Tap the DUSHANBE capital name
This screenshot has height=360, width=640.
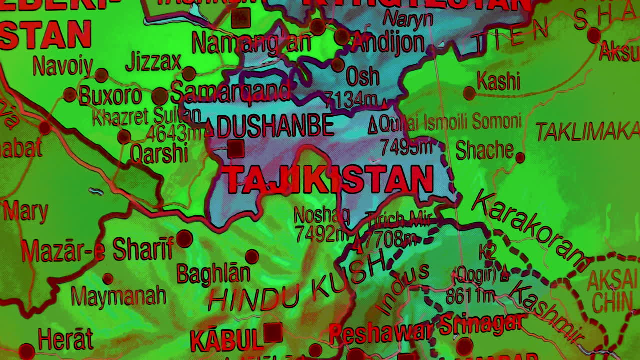(x=275, y=125)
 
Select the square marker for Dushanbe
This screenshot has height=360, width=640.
(x=235, y=149)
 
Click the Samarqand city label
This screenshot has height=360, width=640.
(x=230, y=92)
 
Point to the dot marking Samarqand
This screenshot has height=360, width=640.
(x=160, y=96)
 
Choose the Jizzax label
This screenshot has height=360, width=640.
(x=153, y=62)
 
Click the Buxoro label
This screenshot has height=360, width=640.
(x=110, y=96)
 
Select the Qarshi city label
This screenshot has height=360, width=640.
(x=159, y=153)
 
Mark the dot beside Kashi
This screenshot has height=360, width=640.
(x=469, y=93)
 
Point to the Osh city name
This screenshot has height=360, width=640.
(x=362, y=77)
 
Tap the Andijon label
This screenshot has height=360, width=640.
(x=389, y=43)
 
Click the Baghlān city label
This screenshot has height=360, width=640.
(x=213, y=273)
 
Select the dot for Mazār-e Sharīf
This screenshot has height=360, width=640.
(x=184, y=239)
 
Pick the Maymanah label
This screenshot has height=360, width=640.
(x=118, y=296)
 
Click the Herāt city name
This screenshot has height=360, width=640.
(x=65, y=340)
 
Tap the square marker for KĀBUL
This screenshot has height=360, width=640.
(x=273, y=332)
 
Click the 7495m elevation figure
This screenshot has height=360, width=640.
(x=405, y=147)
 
